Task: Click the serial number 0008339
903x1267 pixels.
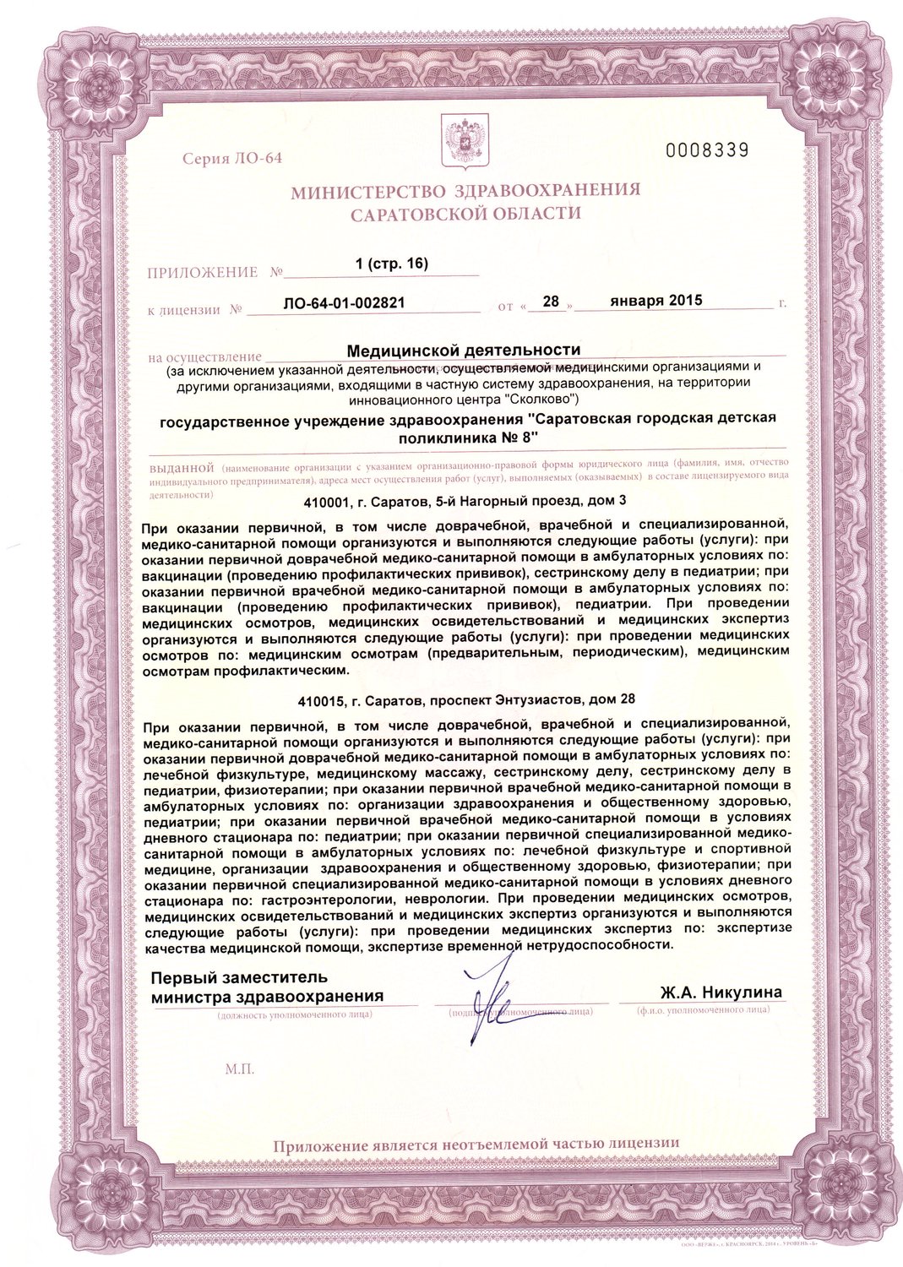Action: pos(707,151)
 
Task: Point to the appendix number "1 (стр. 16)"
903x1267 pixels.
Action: pos(392,264)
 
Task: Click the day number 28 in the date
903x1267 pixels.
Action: pos(552,301)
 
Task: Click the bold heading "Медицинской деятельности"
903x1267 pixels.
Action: pos(464,349)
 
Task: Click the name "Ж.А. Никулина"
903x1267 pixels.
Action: pos(721,992)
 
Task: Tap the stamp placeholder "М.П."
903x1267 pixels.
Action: pos(240,1069)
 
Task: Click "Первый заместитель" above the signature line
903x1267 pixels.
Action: pos(238,978)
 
